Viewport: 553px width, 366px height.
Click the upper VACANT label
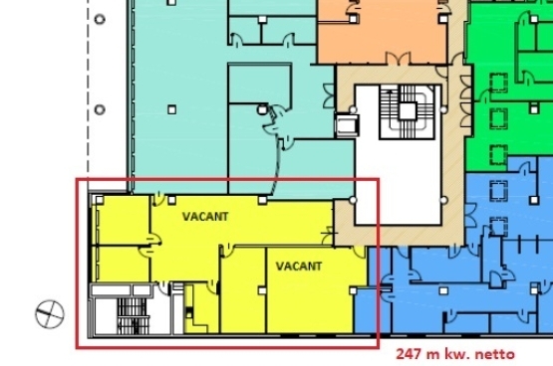point(205,216)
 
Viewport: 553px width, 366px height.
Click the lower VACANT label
point(299,267)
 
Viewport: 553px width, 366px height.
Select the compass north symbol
point(50,314)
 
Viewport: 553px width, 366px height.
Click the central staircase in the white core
point(408,111)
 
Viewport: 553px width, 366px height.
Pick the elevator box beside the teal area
point(347,125)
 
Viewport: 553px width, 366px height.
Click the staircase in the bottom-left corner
point(133,316)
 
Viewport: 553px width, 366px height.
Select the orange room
point(382,34)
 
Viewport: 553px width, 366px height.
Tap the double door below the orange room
point(399,59)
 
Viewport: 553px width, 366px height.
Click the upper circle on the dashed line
point(100,19)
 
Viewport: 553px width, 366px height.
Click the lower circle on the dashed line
point(100,109)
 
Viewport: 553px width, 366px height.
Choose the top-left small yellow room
point(122,220)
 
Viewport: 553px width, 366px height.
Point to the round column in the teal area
point(262,109)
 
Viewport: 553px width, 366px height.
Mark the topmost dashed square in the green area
point(498,83)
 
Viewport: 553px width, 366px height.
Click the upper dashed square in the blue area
point(498,190)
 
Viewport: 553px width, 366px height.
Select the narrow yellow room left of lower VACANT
point(243,290)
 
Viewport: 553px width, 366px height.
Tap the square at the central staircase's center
point(408,111)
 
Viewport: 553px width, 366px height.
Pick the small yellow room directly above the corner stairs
point(122,264)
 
